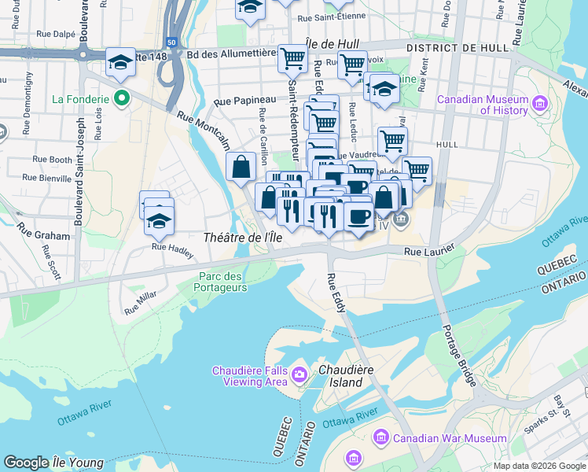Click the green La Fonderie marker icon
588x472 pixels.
pyautogui.click(x=120, y=99)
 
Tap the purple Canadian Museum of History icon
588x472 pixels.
pyautogui.click(x=539, y=104)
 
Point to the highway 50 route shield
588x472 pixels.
pyautogui.click(x=171, y=42)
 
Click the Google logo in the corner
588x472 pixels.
pyautogui.click(x=27, y=463)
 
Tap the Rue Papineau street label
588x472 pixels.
pyautogui.click(x=244, y=101)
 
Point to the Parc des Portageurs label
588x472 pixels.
pyautogui.click(x=223, y=282)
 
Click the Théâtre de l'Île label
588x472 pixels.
pyautogui.click(x=242, y=238)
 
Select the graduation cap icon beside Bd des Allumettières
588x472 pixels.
pyautogui.click(x=120, y=62)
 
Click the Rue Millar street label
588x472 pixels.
pyautogui.click(x=141, y=303)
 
